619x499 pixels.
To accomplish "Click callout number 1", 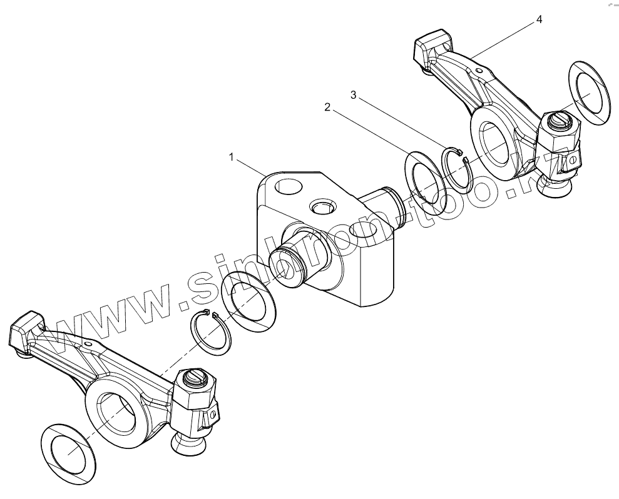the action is coord(231,158).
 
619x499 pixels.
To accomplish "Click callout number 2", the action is coord(327,107).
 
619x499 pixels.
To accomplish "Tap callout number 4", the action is coord(539,19).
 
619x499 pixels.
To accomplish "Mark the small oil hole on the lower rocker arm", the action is coord(89,343).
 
